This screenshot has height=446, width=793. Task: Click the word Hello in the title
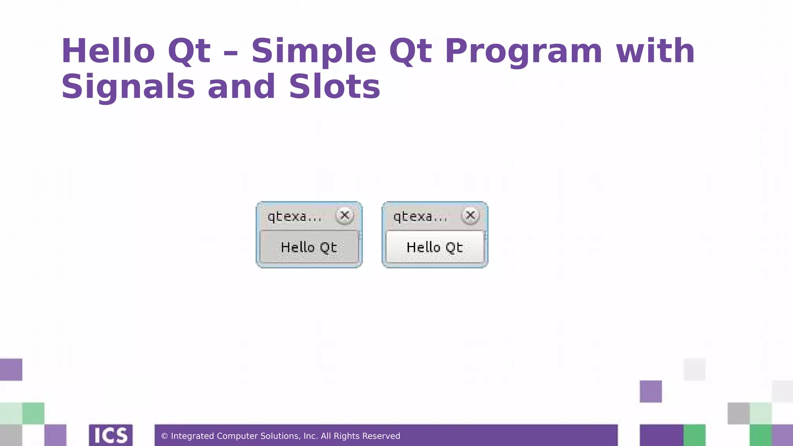(108, 51)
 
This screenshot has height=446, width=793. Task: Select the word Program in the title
(524, 51)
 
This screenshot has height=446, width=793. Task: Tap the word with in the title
(656, 51)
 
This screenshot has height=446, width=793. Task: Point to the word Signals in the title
(128, 87)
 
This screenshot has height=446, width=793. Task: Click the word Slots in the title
(335, 87)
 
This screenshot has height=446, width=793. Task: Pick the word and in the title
(242, 87)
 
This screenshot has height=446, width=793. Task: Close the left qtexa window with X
(344, 215)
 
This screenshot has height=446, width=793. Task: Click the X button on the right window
(470, 215)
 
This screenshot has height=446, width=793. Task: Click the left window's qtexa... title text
(294, 216)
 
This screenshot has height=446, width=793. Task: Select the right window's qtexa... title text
(420, 216)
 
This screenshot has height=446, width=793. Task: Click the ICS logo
(111, 435)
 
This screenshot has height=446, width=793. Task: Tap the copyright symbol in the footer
(164, 436)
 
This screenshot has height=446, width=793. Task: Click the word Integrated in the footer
(192, 436)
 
